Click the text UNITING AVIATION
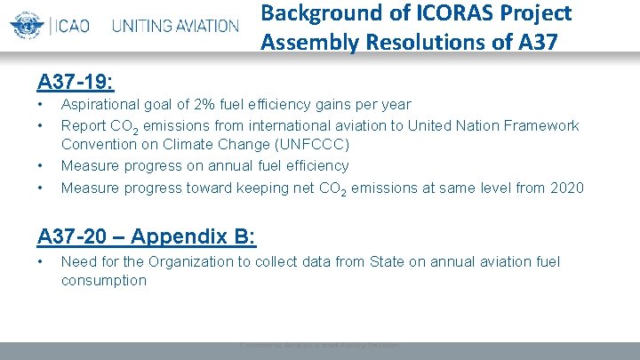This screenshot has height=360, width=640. click(175, 25)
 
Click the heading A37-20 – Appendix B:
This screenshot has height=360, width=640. click(147, 236)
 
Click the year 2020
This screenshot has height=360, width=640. click(566, 188)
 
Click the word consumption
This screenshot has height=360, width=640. click(103, 281)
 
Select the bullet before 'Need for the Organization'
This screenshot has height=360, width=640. click(42, 261)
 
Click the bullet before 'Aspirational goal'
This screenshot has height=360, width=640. click(42, 105)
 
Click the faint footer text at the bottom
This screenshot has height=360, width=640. click(319, 345)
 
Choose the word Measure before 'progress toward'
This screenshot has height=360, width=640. click(89, 188)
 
